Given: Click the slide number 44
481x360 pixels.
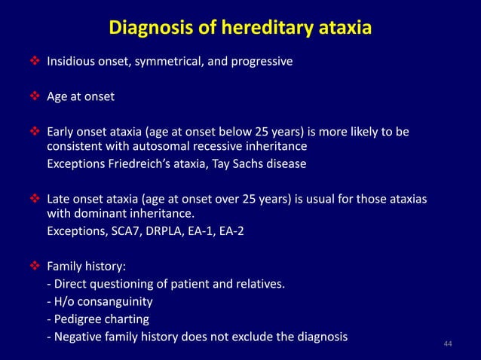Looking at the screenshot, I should [448, 344].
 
